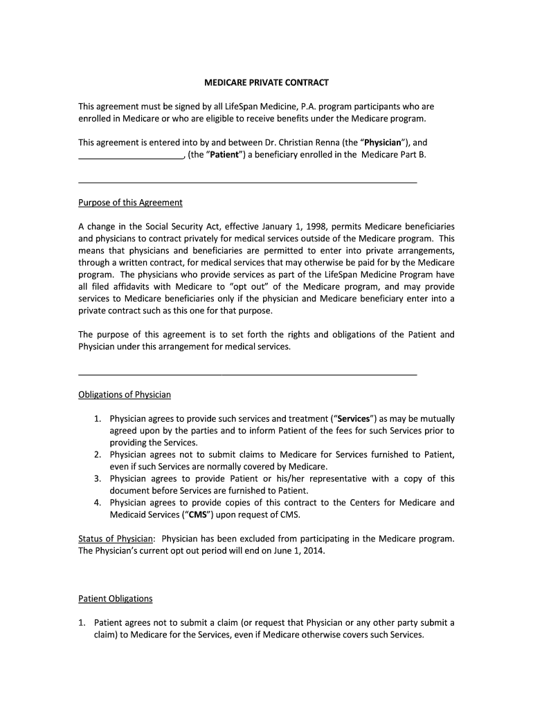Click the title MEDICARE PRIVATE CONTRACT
point(266,82)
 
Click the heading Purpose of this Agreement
point(130,203)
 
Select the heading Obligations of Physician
point(124,395)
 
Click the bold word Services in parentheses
point(354,419)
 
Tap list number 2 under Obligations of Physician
point(98,455)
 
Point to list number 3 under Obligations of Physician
point(98,478)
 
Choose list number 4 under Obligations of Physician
point(98,503)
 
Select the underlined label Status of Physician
point(116,539)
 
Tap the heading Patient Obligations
point(115,599)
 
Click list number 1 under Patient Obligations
point(82,622)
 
